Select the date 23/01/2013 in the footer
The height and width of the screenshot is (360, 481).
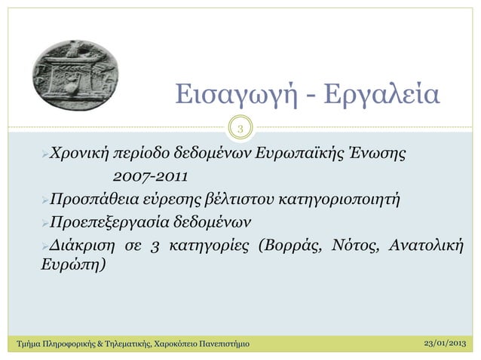pyautogui.click(x=441, y=344)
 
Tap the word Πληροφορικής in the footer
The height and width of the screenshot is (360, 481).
pyautogui.click(x=60, y=345)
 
